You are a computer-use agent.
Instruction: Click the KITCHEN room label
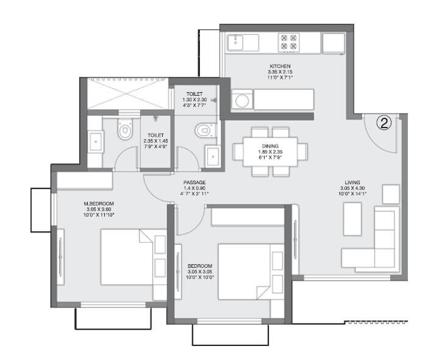[x=280, y=65]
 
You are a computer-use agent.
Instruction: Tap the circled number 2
[x=384, y=124]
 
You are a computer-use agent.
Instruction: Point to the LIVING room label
[x=352, y=182]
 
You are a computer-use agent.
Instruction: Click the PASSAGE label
[x=195, y=182]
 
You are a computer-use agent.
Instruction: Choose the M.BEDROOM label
[x=99, y=203]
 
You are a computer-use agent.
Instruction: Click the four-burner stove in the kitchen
[x=288, y=41]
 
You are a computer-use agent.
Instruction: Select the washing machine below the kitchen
[x=240, y=99]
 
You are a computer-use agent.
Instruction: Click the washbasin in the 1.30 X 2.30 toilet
[x=213, y=156]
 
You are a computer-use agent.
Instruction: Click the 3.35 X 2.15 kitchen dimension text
[x=280, y=72]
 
